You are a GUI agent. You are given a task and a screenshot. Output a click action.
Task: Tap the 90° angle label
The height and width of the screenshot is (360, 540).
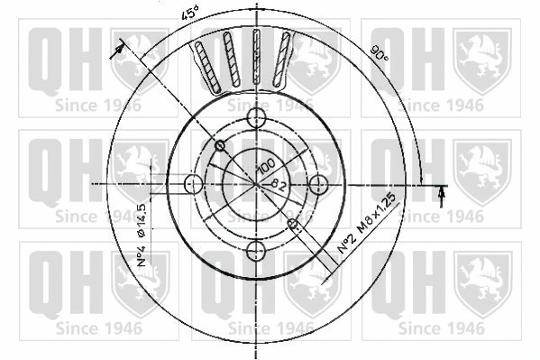(x=380, y=54)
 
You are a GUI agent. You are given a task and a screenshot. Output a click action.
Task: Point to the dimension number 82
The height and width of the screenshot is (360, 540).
(x=279, y=183)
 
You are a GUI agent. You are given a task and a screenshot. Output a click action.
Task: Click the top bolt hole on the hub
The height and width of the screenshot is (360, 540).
(x=256, y=117)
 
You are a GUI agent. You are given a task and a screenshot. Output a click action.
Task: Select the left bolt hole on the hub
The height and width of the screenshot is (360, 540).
(x=192, y=184)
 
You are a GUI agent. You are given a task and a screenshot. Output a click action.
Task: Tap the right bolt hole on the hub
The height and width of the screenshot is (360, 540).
(x=317, y=184)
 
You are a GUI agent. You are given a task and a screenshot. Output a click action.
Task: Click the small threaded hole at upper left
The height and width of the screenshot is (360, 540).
(x=220, y=145)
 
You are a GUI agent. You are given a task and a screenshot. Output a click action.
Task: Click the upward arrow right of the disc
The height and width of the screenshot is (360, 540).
(x=441, y=193)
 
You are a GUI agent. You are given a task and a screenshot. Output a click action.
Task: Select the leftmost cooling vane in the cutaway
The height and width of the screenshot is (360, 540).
(x=203, y=63)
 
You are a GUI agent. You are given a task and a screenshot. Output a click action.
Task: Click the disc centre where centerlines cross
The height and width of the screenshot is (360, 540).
(x=256, y=184)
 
